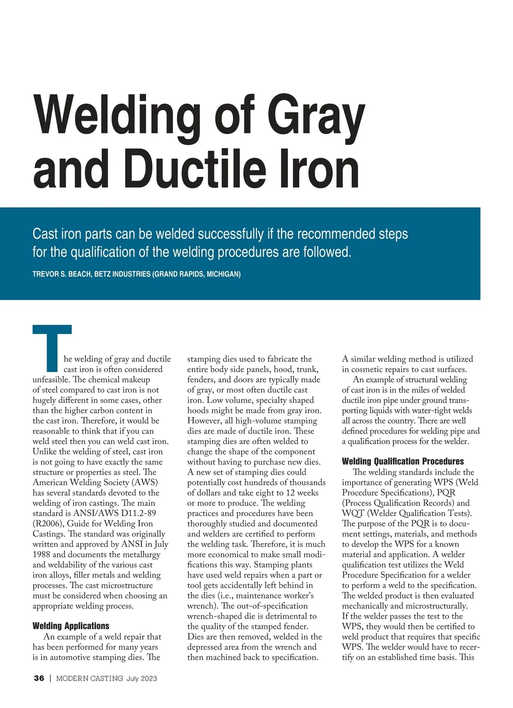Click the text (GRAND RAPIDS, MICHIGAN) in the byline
[x=196, y=274]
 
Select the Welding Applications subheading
[x=71, y=626]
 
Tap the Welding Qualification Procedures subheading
[x=403, y=461]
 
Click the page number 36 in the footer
[x=39, y=678]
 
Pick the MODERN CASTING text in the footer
[x=90, y=678]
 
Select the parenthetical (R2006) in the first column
[x=48, y=523]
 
